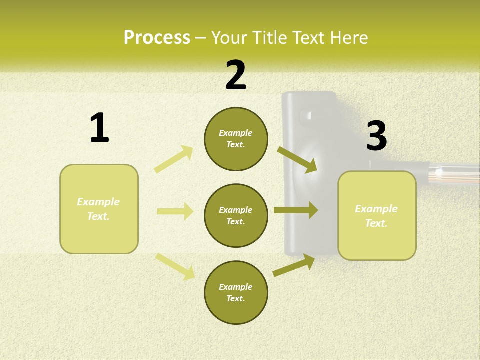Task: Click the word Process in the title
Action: pyautogui.click(x=157, y=38)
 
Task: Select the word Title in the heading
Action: pyautogui.click(x=269, y=38)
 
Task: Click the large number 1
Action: pyautogui.click(x=99, y=128)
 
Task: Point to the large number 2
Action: pyautogui.click(x=236, y=75)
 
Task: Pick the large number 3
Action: pyautogui.click(x=376, y=136)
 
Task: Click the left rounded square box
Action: pyautogui.click(x=99, y=209)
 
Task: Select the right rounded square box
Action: pyautogui.click(x=377, y=215)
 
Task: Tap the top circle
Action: pyautogui.click(x=236, y=139)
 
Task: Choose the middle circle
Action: pyautogui.click(x=236, y=215)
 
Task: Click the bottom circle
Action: pyautogui.click(x=236, y=292)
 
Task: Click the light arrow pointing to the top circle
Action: pyautogui.click(x=174, y=159)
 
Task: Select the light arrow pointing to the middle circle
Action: pyautogui.click(x=175, y=211)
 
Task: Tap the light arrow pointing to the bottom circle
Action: pyautogui.click(x=175, y=266)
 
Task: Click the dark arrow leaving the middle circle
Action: pyautogui.click(x=296, y=210)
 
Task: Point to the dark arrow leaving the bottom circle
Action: pyautogui.click(x=294, y=265)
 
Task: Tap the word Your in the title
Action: pyautogui.click(x=230, y=38)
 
